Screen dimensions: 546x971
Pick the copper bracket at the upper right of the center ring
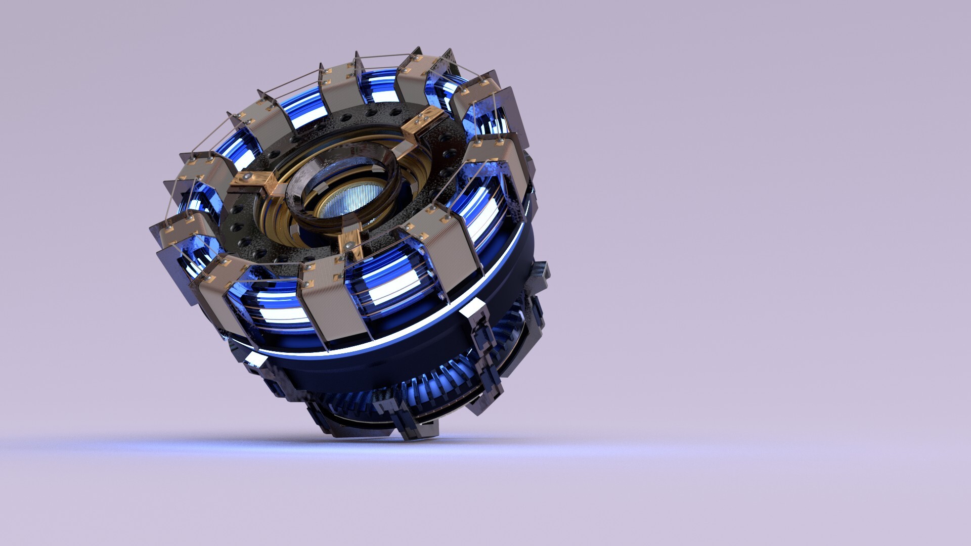click(420, 124)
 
